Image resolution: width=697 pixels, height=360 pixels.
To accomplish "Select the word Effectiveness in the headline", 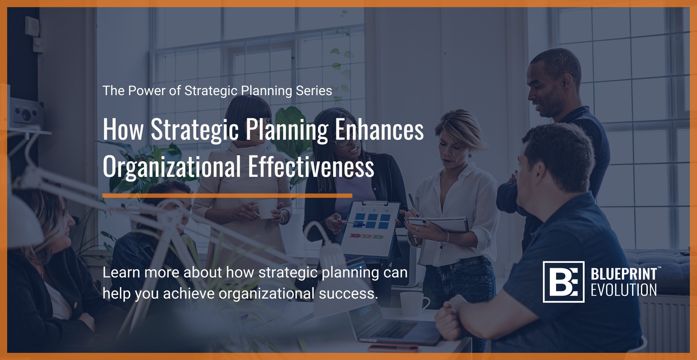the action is pos(311,166).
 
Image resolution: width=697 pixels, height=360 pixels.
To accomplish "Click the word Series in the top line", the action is pos(314,91).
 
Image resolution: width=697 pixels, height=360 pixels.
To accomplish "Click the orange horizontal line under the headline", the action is pos(227,196).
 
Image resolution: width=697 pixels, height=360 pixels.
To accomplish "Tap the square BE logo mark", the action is pos(563,282).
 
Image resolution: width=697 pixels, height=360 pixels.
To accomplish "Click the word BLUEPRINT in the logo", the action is pos(624,274).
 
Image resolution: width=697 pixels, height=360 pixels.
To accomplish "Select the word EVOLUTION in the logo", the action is pos(624,290).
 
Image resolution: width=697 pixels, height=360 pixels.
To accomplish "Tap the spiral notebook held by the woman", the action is pos(438,224).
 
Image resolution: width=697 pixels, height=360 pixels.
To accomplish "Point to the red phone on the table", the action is pos(393,348).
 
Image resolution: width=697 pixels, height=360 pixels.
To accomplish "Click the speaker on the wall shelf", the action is pos(24,113).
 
